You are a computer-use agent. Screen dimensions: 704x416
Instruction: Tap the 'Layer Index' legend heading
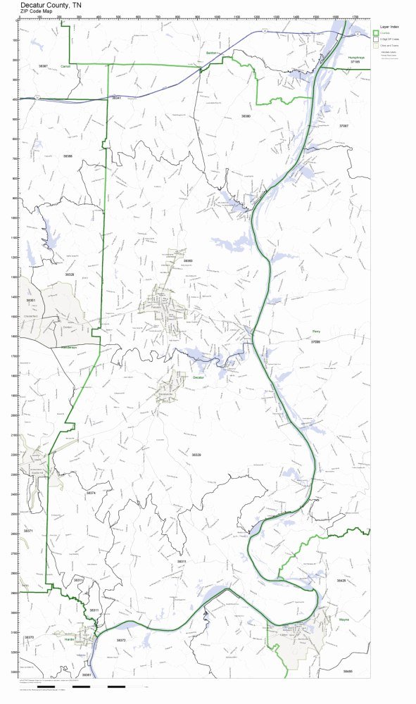pos(385,25)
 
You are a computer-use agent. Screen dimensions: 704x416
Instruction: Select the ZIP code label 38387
pos(43,65)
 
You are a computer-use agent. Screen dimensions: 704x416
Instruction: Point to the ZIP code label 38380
pos(246,115)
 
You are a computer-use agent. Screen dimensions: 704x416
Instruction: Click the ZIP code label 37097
pos(343,125)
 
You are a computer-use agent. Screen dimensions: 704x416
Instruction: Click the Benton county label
pos(210,53)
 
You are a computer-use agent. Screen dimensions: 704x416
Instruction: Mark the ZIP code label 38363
pos(188,260)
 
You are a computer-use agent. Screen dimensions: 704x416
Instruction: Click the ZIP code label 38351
pos(30,301)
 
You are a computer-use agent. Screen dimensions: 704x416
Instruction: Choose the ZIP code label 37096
pos(315,341)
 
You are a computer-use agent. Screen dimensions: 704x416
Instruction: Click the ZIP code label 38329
pos(196,455)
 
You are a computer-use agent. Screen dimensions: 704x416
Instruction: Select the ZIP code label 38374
pos(90,493)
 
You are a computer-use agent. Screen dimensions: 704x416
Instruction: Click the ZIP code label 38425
pos(341,581)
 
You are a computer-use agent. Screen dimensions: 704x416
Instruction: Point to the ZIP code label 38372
pos(121,640)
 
